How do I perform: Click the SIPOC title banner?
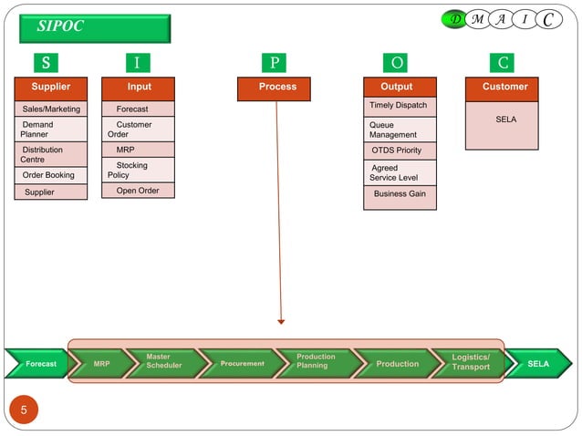(x=95, y=27)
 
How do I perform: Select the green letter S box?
(x=46, y=63)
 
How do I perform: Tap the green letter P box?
(x=274, y=63)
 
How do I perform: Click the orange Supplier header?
(x=51, y=88)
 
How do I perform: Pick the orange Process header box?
(x=277, y=88)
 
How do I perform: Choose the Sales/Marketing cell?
(x=51, y=109)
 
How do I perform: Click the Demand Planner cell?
(x=51, y=130)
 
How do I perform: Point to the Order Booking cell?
(x=51, y=175)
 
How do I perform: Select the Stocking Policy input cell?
(x=137, y=171)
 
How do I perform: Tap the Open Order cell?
(x=137, y=191)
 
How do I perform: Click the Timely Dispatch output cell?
(x=400, y=106)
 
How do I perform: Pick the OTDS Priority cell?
(x=400, y=151)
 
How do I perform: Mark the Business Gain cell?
(x=400, y=194)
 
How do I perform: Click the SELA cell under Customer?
(x=504, y=120)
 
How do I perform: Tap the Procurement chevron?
(x=242, y=364)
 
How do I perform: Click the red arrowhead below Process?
(x=281, y=321)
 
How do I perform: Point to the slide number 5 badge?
(x=24, y=410)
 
